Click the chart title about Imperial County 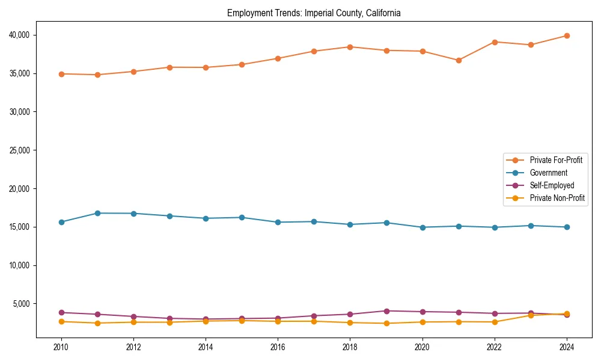pos(314,13)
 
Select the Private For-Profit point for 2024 pos(567,35)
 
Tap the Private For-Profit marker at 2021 pos(459,60)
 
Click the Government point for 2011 pos(97,213)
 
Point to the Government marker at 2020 pos(423,227)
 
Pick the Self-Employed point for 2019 pos(386,311)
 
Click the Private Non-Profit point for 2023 pos(531,315)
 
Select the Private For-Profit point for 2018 pos(350,47)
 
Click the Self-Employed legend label pos(552,185)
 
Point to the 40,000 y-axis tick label pos(22,35)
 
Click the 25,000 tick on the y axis pos(22,150)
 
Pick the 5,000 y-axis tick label pos(24,303)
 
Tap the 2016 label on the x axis pos(278,347)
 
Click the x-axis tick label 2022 pos(495,347)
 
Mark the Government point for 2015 pos(242,217)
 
